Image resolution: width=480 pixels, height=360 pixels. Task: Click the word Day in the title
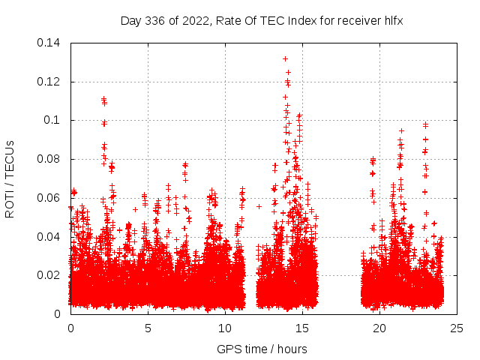click(130, 21)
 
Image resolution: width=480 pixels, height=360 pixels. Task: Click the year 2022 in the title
click(190, 21)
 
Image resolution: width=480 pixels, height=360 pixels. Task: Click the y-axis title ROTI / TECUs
click(10, 178)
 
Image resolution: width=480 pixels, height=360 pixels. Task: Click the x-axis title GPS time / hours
click(262, 349)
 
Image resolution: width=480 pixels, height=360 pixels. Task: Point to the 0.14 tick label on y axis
click(50, 43)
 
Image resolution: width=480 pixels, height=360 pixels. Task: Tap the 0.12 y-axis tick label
click(50, 81)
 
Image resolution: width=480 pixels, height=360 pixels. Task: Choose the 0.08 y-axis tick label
click(50, 159)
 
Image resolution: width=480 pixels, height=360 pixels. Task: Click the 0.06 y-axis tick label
click(50, 198)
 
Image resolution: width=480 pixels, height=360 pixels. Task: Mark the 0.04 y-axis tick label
click(50, 236)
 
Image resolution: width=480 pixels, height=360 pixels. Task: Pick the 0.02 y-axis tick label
click(50, 275)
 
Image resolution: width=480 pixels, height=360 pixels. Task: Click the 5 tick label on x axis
click(148, 328)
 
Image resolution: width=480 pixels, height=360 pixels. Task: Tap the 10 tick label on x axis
click(225, 328)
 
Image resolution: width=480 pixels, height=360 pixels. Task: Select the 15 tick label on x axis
click(302, 328)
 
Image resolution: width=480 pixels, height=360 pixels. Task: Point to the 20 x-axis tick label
click(379, 328)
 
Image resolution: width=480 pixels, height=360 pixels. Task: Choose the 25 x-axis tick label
click(456, 328)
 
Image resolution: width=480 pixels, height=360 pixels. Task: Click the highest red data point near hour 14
click(285, 58)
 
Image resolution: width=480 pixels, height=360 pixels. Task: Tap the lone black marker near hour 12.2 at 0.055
click(259, 206)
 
